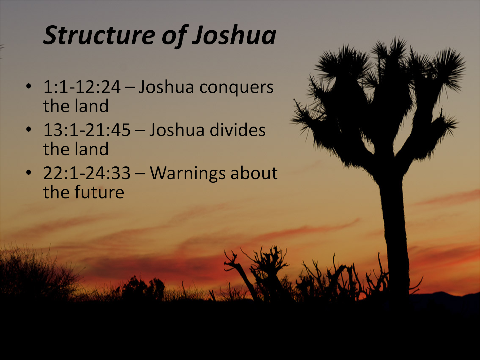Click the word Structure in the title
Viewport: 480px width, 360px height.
pyautogui.click(x=99, y=35)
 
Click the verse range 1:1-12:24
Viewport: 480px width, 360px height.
pyautogui.click(x=82, y=87)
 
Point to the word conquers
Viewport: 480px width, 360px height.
pyautogui.click(x=236, y=88)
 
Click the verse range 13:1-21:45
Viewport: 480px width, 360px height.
pyautogui.click(x=87, y=130)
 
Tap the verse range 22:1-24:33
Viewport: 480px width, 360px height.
pyautogui.click(x=87, y=173)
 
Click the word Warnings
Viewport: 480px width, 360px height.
pyautogui.click(x=187, y=174)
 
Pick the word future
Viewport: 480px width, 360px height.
pyautogui.click(x=99, y=192)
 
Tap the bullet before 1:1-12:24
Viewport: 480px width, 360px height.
pyautogui.click(x=29, y=86)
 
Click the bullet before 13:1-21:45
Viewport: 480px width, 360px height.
pyautogui.click(x=29, y=129)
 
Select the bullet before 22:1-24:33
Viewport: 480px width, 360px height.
pyautogui.click(x=29, y=172)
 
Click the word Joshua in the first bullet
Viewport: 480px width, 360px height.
pyautogui.click(x=166, y=87)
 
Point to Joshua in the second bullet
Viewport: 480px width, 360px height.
pyautogui.click(x=177, y=130)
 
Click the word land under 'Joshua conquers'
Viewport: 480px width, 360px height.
pyautogui.click(x=92, y=106)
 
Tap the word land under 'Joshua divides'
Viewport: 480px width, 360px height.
pyautogui.click(x=92, y=149)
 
